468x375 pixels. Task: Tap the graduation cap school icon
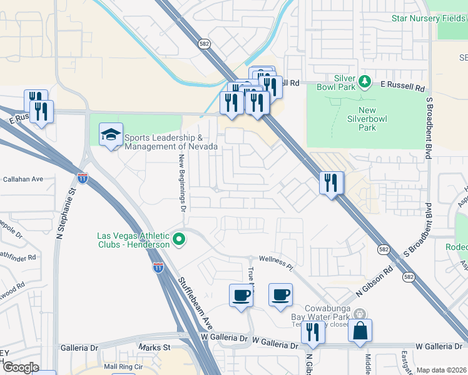[111, 136]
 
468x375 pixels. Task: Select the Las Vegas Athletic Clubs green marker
[179, 239]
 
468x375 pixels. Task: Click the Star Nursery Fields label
[429, 18]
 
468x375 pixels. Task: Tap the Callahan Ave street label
[23, 179]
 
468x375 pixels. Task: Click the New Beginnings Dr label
[183, 182]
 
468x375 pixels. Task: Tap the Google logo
[21, 367]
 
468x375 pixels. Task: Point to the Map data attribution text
[441, 370]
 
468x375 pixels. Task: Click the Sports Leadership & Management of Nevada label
[170, 142]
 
